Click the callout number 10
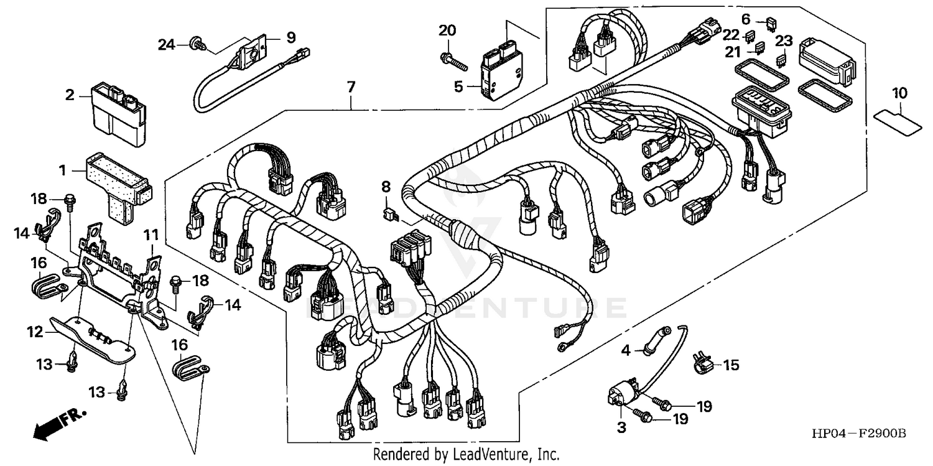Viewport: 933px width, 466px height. [900, 94]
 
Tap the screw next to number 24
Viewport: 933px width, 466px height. [198, 44]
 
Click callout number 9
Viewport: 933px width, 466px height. [291, 37]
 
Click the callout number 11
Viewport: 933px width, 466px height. [151, 235]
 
